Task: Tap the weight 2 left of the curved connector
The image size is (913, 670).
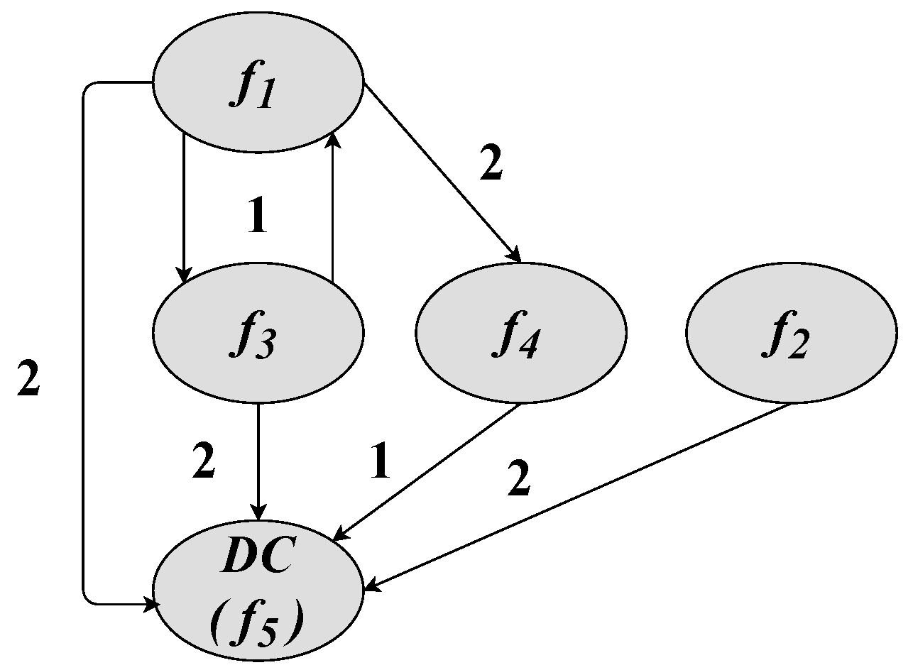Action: click(x=28, y=381)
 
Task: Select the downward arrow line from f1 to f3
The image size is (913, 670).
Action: click(x=184, y=206)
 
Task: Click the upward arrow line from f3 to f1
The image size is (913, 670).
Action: click(x=332, y=206)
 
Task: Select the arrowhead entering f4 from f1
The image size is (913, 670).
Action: click(x=516, y=256)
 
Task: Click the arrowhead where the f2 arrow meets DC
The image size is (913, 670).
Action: click(x=371, y=586)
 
